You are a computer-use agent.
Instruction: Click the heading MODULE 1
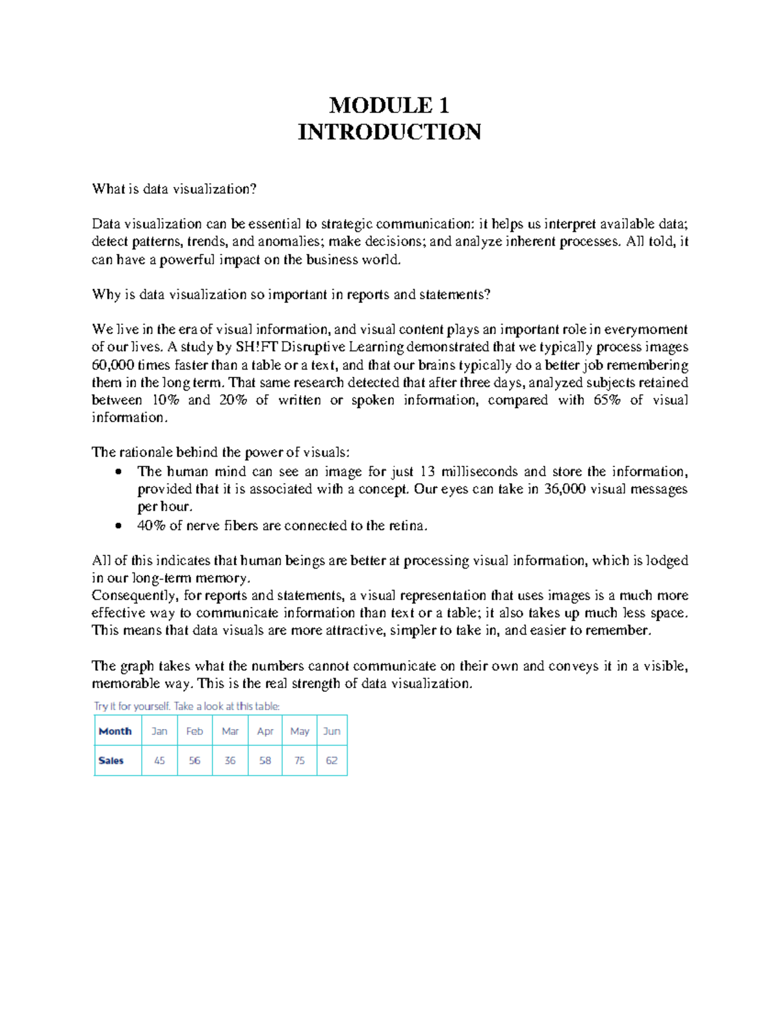tap(389, 105)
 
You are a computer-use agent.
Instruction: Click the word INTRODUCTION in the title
tap(389, 132)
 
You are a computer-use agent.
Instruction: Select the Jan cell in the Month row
tap(159, 731)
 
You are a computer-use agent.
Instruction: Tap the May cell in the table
tap(300, 731)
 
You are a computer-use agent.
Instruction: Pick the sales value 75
tap(300, 760)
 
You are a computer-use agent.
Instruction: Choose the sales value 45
tap(159, 760)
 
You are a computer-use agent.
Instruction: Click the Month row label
tap(115, 731)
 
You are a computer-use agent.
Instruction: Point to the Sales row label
tap(111, 760)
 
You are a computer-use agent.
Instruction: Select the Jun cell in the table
tap(331, 731)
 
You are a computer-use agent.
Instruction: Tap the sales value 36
tap(230, 760)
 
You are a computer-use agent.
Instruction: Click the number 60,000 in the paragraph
tap(113, 365)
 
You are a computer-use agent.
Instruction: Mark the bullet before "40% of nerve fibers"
tap(118, 526)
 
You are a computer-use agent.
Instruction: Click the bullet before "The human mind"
tap(118, 472)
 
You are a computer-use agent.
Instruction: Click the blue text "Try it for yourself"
tap(132, 706)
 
